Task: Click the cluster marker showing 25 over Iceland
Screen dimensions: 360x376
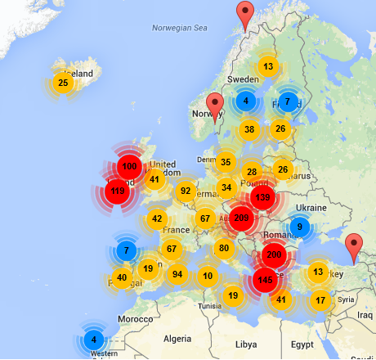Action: coord(63,83)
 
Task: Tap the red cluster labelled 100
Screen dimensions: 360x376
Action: coord(128,167)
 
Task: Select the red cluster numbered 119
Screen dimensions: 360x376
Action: coord(118,192)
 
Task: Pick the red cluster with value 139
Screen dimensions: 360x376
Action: coord(262,197)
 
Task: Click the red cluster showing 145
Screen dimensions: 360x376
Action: coord(265,280)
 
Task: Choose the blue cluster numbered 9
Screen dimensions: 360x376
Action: coord(300,227)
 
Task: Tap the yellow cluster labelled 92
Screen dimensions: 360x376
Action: coord(186,191)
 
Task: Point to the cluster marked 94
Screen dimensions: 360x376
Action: coord(177,274)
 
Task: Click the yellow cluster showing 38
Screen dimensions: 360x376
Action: coord(249,129)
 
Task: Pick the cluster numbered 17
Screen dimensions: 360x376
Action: coord(320,300)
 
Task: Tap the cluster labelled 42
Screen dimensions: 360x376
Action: coord(157,219)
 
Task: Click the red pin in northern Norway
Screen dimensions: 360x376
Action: coord(244,15)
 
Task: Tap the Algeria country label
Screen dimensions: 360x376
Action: coord(177,338)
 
